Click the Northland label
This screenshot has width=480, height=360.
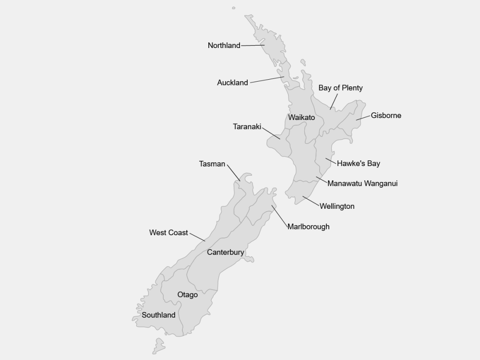click(224, 46)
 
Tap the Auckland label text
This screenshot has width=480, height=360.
click(232, 83)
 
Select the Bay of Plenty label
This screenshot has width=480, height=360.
click(340, 88)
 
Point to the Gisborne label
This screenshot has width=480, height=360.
click(386, 116)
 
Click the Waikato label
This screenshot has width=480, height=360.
click(301, 118)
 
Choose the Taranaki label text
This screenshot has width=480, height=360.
click(247, 127)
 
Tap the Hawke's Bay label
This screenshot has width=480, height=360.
click(358, 164)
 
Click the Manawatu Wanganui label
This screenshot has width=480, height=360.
click(362, 183)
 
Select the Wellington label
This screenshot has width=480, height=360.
click(337, 206)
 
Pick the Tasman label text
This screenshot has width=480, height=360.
click(212, 164)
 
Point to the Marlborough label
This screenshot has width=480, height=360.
click(308, 227)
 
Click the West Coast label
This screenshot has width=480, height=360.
click(168, 233)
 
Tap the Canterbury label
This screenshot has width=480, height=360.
click(225, 252)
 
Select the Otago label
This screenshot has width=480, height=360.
click(187, 295)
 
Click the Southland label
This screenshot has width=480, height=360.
click(158, 315)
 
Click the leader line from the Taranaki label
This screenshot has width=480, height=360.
click(271, 133)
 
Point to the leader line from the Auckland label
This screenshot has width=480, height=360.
click(267, 80)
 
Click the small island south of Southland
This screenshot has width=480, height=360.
click(158, 345)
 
